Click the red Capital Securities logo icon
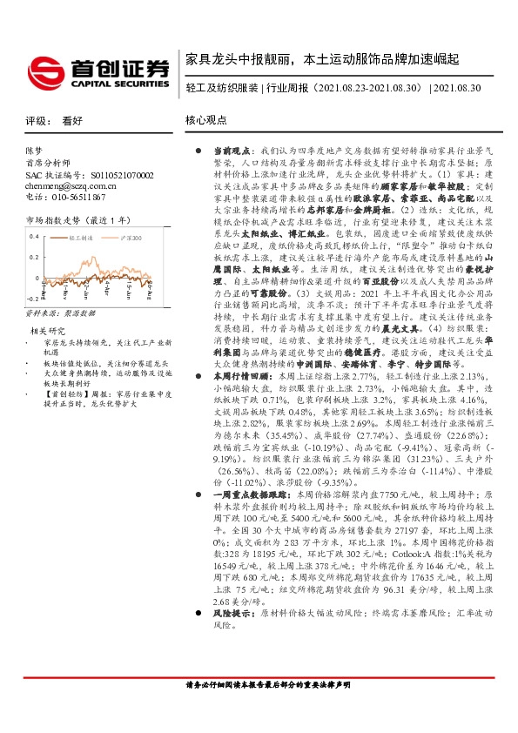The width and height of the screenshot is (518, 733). [44, 69]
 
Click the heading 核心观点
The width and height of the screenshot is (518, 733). [206, 122]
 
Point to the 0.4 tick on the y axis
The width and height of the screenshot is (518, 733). [34, 236]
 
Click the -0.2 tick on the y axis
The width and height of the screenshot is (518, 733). [32, 296]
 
